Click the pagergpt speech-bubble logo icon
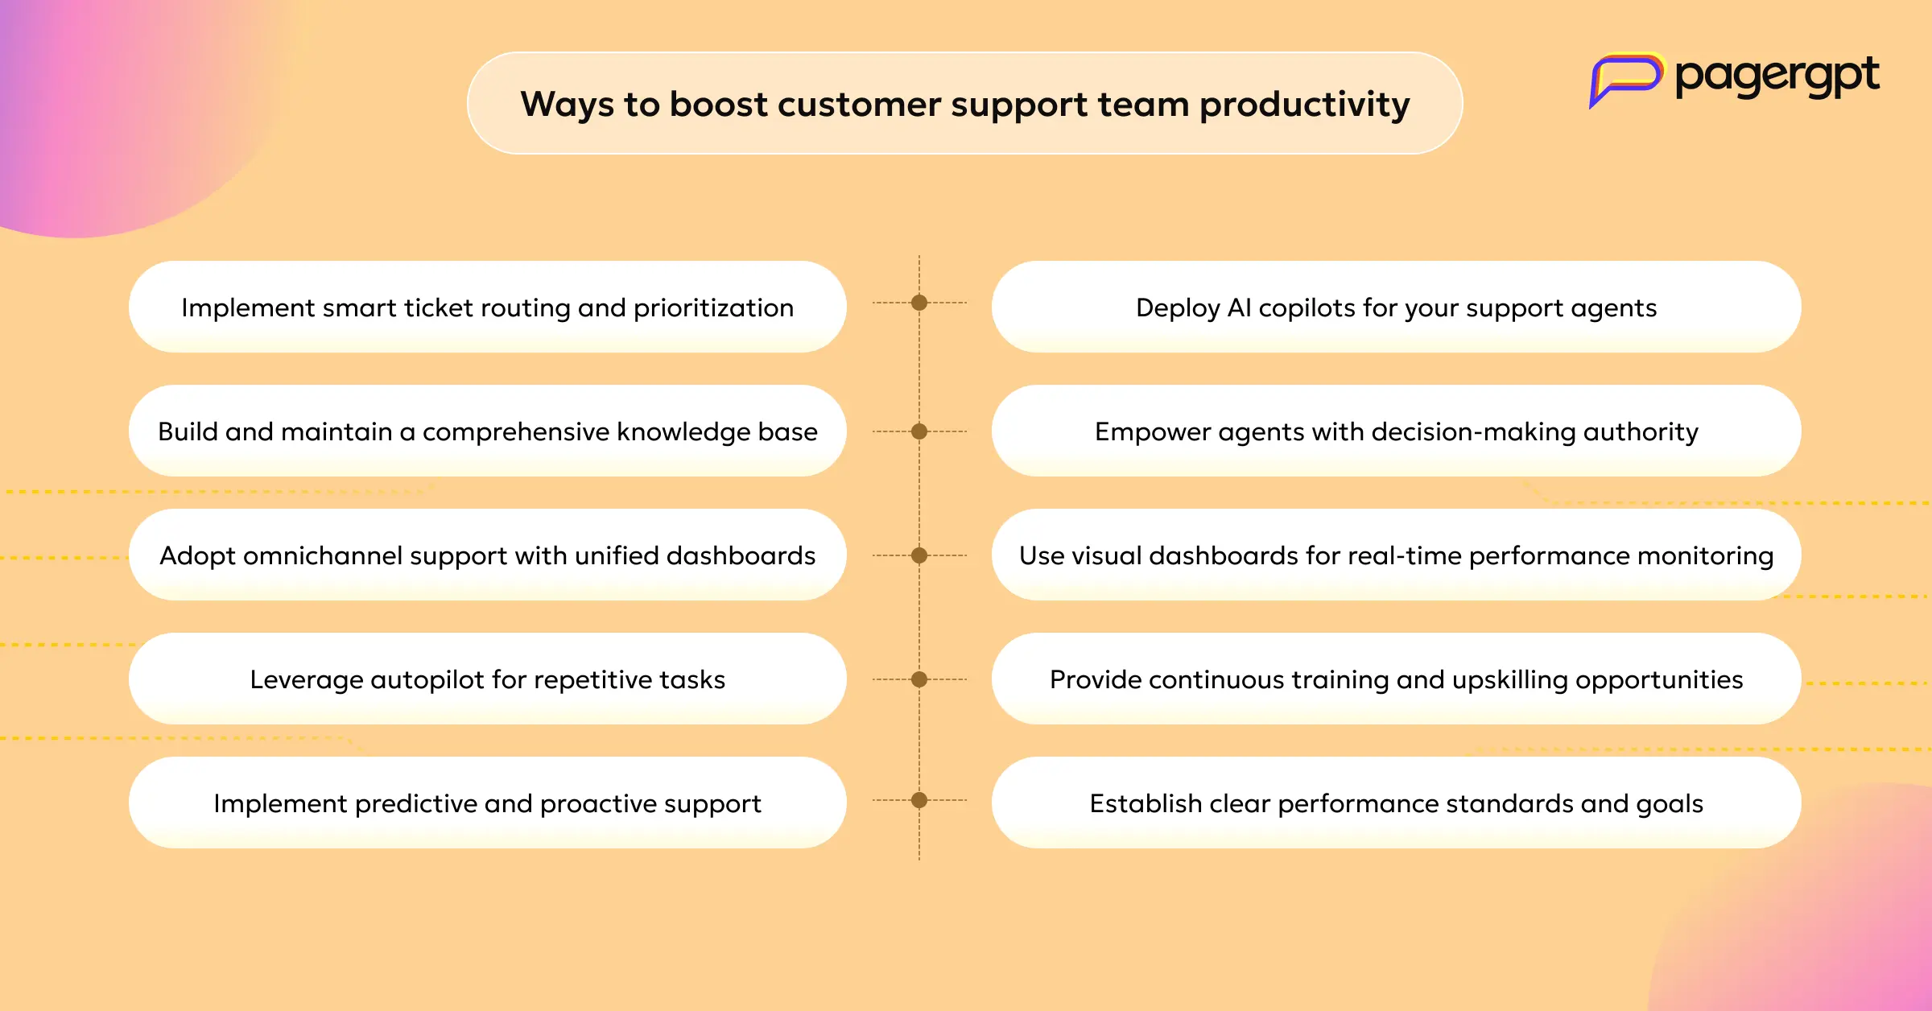pyautogui.click(x=1625, y=79)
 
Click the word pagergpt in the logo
pyautogui.click(x=1777, y=77)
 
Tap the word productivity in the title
pyautogui.click(x=1304, y=105)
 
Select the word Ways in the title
pyautogui.click(x=568, y=105)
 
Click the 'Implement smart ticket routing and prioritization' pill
pyautogui.click(x=488, y=307)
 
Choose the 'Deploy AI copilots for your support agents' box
pyautogui.click(x=1396, y=307)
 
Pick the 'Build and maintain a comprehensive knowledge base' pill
pyautogui.click(x=488, y=431)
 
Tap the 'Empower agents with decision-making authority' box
pyautogui.click(x=1396, y=431)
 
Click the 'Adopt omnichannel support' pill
pyautogui.click(x=488, y=555)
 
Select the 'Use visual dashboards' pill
pyautogui.click(x=1396, y=555)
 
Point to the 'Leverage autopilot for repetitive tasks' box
pyautogui.click(x=488, y=679)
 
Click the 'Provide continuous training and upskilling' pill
pyautogui.click(x=1396, y=679)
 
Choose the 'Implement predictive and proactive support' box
pyautogui.click(x=488, y=803)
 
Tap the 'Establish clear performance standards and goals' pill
pyautogui.click(x=1396, y=803)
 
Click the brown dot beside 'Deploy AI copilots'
pyautogui.click(x=919, y=303)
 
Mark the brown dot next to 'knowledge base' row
pyautogui.click(x=919, y=431)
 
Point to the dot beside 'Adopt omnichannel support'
pyautogui.click(x=919, y=555)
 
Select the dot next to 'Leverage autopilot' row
pyautogui.click(x=919, y=679)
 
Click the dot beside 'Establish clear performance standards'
pyautogui.click(x=919, y=800)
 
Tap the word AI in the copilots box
pyautogui.click(x=1239, y=307)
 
